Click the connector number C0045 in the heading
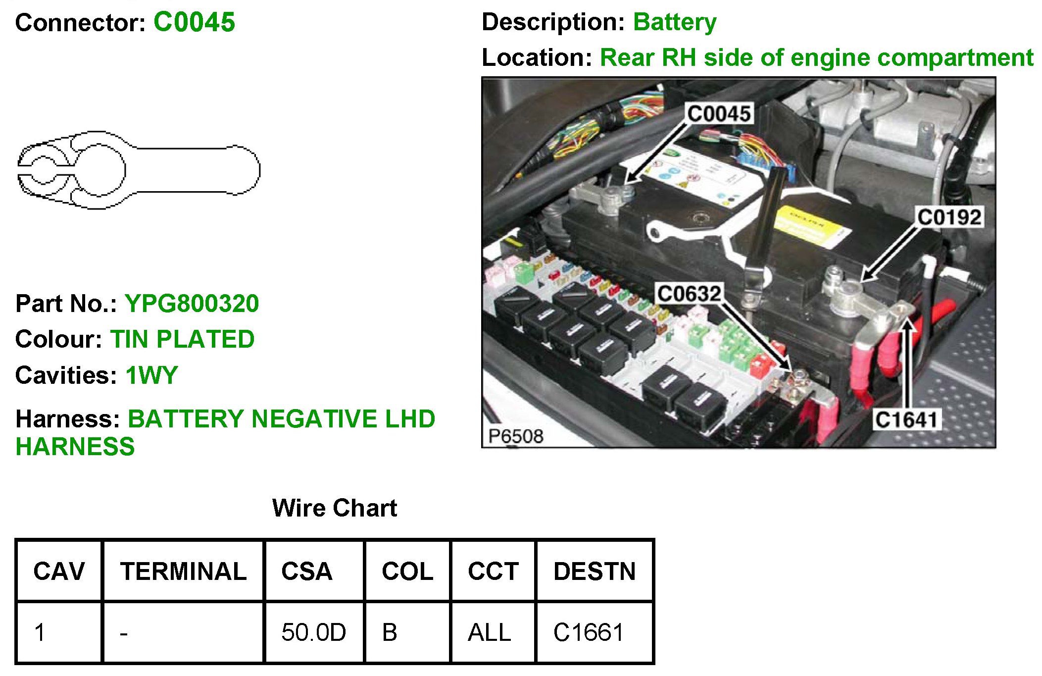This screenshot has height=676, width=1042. (194, 23)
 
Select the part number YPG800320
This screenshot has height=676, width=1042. (192, 304)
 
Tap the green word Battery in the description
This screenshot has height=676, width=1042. (675, 22)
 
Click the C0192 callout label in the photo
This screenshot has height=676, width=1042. (949, 217)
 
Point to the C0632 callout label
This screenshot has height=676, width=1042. (689, 294)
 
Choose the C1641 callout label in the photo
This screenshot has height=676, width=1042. (906, 420)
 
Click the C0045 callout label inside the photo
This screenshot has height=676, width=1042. (719, 114)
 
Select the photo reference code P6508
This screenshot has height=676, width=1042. (515, 436)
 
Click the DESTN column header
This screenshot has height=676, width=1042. (595, 572)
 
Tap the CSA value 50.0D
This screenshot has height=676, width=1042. (313, 632)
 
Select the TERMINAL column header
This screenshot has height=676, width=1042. (183, 572)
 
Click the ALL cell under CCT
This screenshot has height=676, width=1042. (489, 632)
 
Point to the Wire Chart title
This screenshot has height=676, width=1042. (335, 508)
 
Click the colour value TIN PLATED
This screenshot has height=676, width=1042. (182, 340)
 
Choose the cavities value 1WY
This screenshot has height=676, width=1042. (151, 375)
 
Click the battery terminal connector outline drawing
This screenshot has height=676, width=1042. (139, 170)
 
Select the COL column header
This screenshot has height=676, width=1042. (407, 572)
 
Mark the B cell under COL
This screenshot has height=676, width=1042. (390, 632)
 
